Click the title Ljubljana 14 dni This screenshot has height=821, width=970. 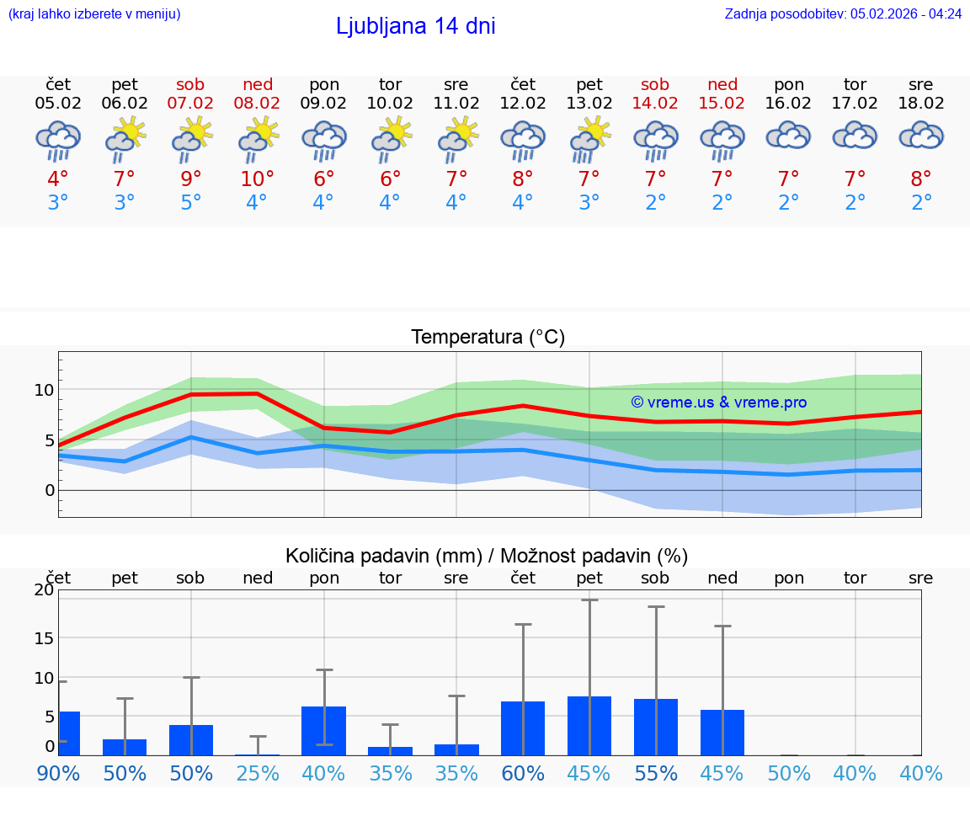tap(415, 26)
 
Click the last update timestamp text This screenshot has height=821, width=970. tap(843, 13)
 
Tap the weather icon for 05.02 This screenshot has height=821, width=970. tap(58, 141)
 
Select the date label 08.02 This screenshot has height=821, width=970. tap(258, 104)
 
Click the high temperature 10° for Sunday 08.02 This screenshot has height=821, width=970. tap(258, 179)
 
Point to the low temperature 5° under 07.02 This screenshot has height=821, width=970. tap(191, 203)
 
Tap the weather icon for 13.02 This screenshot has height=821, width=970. tap(589, 141)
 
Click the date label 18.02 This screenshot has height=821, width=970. tap(921, 104)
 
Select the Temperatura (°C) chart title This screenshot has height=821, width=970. tap(488, 337)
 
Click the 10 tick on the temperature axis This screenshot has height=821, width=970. tap(45, 390)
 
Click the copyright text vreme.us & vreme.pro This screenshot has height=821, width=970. tap(719, 403)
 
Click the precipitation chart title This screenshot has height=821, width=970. tap(487, 556)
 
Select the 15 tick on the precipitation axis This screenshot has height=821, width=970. tap(44, 637)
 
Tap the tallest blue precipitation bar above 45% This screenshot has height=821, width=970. tap(589, 726)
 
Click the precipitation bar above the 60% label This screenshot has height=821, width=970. tap(523, 728)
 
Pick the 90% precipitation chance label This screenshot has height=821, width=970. tap(58, 773)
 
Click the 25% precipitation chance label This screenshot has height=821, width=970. tap(258, 773)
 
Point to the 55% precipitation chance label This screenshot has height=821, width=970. tap(656, 773)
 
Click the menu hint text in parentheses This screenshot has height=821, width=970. tap(94, 13)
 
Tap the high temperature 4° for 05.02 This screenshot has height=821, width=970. tap(58, 179)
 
